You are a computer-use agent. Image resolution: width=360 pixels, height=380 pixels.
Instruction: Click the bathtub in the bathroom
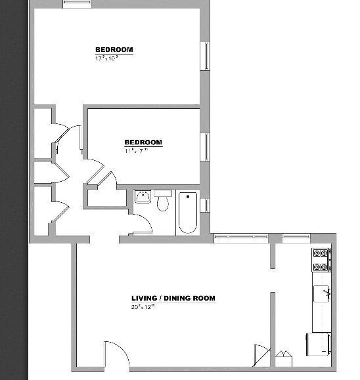pos(187,213)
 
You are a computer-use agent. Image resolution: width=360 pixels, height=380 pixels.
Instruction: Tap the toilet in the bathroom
pos(163,202)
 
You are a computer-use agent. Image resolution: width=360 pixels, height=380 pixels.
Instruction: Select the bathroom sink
pos(143,196)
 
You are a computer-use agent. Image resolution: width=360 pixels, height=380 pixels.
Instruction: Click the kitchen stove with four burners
pos(321,260)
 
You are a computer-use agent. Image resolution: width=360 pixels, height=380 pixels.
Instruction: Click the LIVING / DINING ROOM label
pos(173,299)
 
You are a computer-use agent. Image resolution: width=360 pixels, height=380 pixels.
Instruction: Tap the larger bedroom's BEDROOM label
pos(114,50)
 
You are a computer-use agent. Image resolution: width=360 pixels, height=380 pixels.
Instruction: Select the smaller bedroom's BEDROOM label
pos(143,142)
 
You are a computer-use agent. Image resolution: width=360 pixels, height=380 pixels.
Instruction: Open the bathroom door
pos(143,225)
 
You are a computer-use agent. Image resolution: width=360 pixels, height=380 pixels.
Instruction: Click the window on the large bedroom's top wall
pos(78,5)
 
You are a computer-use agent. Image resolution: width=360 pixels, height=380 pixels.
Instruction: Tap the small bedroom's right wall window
pos(204,146)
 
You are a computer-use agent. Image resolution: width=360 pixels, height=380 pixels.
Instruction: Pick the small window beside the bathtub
pos(204,205)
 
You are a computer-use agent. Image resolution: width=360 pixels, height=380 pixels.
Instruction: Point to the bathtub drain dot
pos(187,196)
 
